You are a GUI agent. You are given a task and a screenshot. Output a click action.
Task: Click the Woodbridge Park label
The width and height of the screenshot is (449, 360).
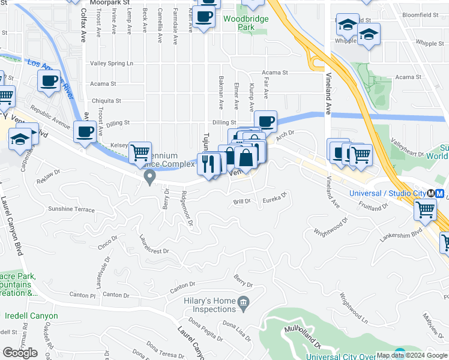click(246, 23)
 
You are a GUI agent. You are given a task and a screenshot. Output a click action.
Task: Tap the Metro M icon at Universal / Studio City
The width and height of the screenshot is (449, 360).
click(440, 193)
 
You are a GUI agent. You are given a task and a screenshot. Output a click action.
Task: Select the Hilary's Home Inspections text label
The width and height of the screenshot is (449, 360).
click(209, 305)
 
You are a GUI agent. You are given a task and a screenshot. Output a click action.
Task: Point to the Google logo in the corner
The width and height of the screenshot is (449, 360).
click(20, 353)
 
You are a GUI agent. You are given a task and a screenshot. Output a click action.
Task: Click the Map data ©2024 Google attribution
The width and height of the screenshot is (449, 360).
click(412, 355)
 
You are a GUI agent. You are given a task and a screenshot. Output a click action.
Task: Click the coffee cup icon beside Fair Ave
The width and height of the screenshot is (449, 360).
click(265, 121)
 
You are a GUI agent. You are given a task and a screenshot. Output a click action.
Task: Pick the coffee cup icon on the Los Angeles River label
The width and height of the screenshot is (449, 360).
click(49, 80)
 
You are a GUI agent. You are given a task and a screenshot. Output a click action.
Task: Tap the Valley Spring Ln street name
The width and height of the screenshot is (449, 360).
click(111, 63)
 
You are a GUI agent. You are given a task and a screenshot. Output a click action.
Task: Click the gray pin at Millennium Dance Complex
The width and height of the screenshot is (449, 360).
click(149, 176)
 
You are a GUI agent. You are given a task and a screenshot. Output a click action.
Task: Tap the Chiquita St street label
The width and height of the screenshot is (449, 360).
click(106, 101)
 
